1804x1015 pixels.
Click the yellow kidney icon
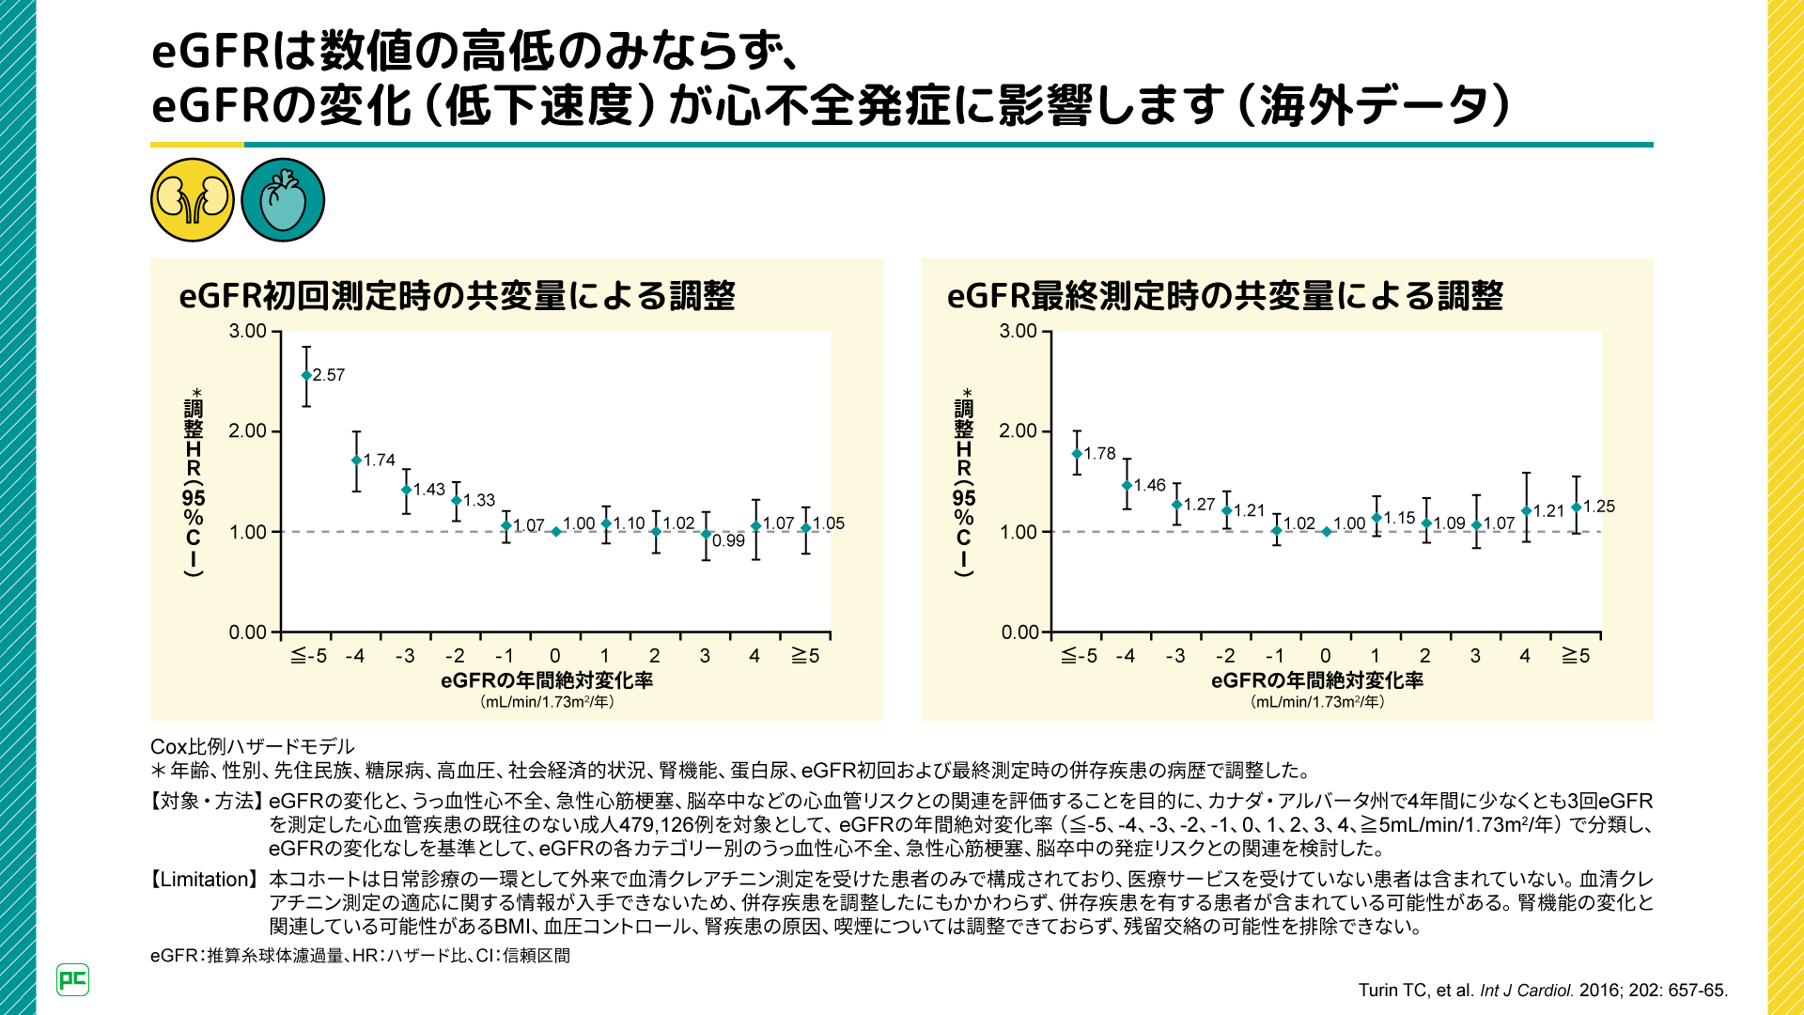click(193, 200)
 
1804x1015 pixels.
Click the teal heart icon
click(283, 200)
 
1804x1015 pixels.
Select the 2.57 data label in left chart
click(329, 375)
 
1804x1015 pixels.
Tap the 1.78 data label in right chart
click(1099, 453)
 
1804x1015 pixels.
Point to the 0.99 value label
click(728, 540)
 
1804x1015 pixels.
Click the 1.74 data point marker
click(356, 461)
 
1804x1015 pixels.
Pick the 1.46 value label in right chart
click(1149, 485)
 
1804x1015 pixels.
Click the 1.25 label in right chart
click(1598, 507)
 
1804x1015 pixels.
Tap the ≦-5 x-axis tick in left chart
click(308, 656)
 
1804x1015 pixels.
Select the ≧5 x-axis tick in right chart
click(1575, 656)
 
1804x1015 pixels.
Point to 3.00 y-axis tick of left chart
click(248, 331)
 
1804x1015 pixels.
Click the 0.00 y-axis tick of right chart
click(1019, 632)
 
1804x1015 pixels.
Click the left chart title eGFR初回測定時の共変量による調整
click(457, 296)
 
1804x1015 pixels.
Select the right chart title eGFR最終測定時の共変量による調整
click(1225, 296)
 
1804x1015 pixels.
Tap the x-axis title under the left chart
click(547, 680)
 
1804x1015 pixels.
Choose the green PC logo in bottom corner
click(72, 979)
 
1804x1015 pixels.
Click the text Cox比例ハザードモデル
click(253, 746)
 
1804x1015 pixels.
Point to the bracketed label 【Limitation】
click(204, 880)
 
